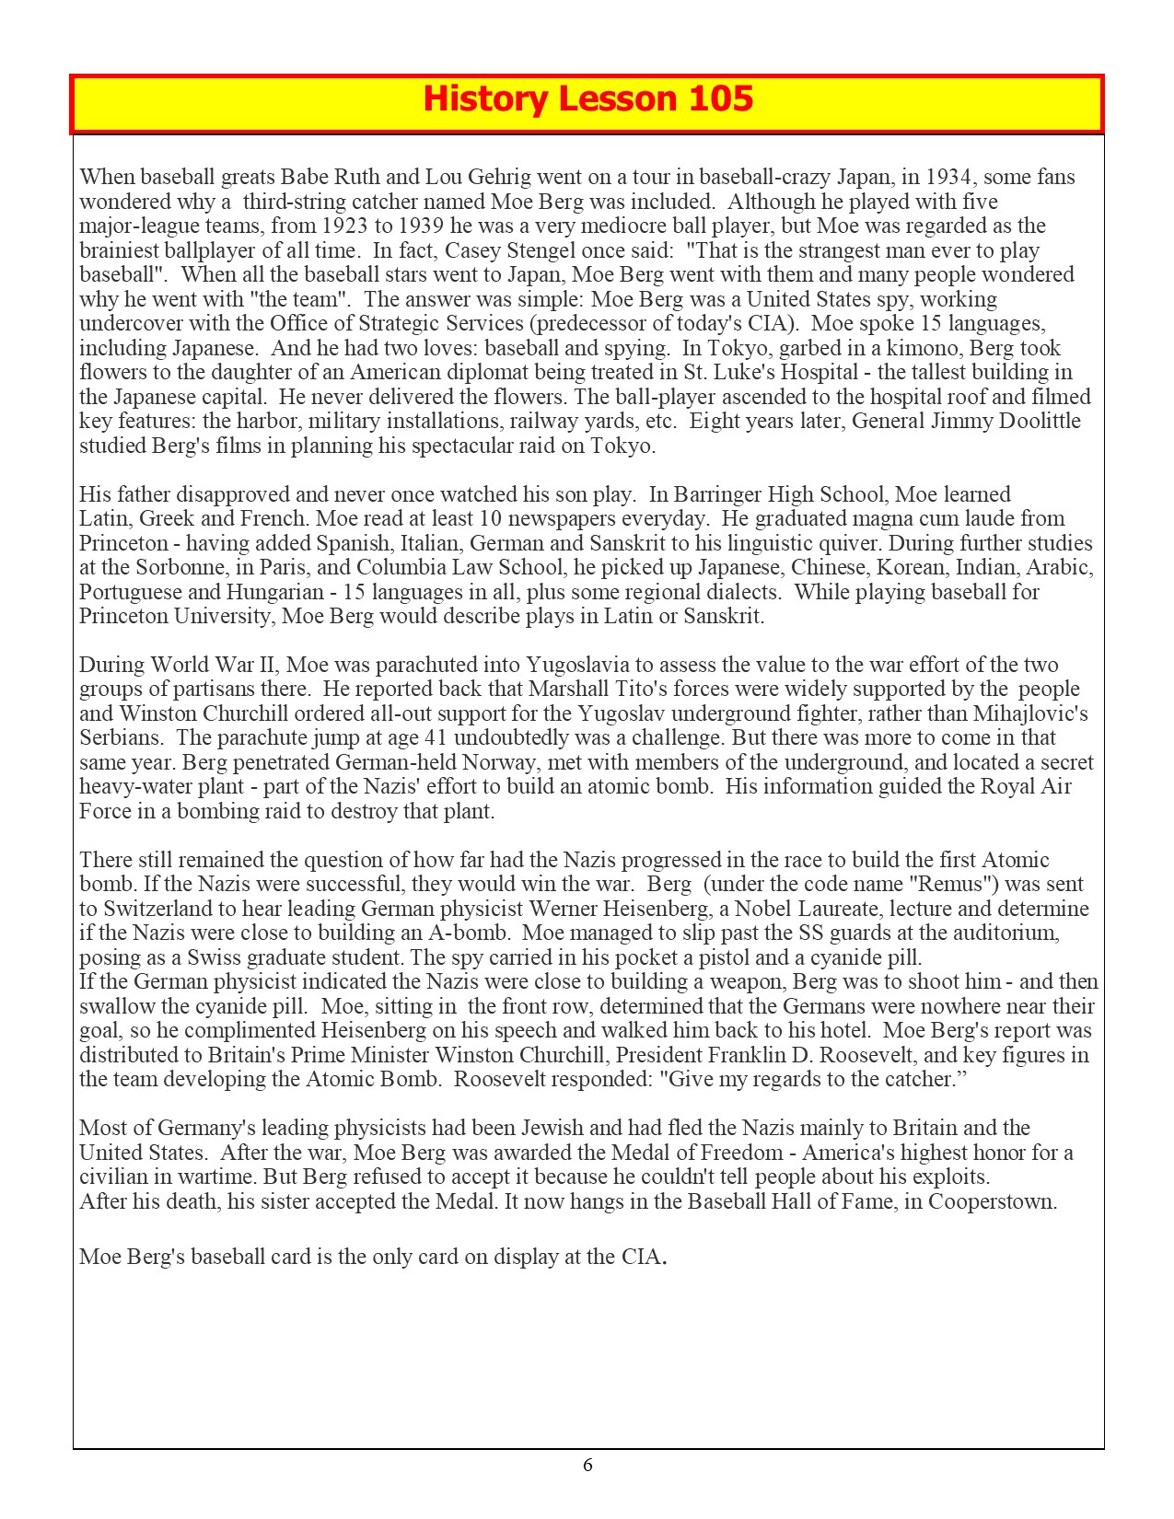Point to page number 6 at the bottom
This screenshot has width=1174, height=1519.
[587, 1465]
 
